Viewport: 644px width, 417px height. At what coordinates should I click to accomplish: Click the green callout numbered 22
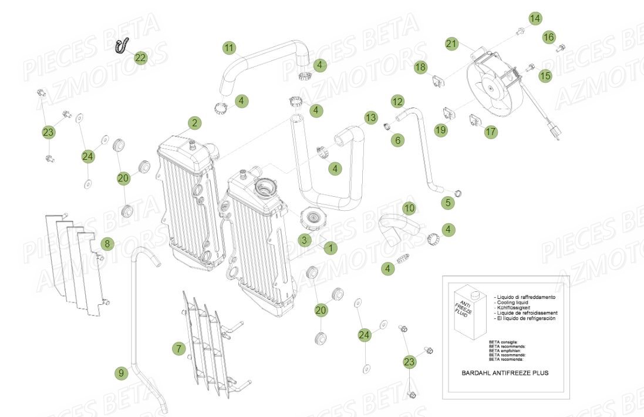point(140,58)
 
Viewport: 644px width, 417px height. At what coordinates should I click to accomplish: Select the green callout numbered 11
point(229,47)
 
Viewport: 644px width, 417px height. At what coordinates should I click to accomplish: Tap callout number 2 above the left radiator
point(194,123)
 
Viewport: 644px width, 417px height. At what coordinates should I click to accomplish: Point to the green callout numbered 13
point(370,118)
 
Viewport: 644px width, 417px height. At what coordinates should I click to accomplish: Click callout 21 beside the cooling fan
point(451,43)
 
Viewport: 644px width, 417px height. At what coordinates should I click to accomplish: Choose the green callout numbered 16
point(548,38)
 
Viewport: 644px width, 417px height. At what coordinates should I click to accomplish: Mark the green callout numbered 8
point(106,243)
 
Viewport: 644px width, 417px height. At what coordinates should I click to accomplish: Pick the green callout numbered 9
point(121,372)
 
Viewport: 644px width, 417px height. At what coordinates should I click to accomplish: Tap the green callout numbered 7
point(178,349)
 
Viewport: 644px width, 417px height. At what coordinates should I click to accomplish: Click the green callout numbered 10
point(409,208)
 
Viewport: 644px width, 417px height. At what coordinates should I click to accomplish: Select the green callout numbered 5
point(449,203)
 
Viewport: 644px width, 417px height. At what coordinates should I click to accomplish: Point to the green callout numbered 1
point(331,248)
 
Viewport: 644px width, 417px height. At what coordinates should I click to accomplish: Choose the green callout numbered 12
point(397,102)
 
